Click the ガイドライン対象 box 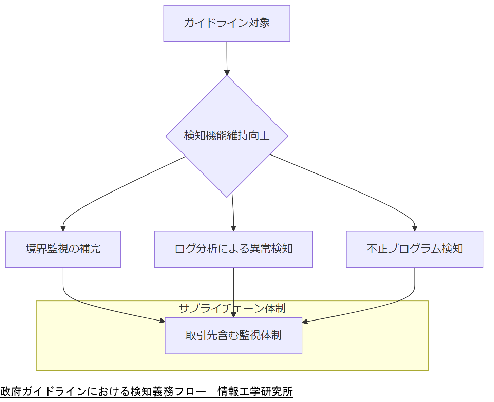pos(227,23)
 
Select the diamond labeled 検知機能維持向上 pos(227,136)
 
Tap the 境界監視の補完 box pos(63,249)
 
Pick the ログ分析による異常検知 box pos(233,249)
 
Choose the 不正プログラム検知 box pos(415,249)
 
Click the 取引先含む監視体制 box pos(233,335)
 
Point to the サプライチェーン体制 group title pos(232,308)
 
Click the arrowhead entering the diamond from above pos(227,73)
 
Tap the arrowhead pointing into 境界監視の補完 pos(63,228)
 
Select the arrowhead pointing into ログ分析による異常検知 pos(233,228)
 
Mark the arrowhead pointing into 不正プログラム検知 pos(415,228)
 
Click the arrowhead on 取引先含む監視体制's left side pos(162,321)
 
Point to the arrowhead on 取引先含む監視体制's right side pos(305,322)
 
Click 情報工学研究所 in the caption pos(255,391)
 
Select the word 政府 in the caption pos(11,391)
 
